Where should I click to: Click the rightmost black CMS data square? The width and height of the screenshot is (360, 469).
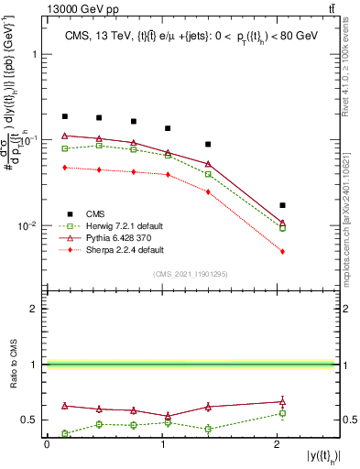pos(282,205)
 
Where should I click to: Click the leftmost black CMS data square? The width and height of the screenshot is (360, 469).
pos(65,116)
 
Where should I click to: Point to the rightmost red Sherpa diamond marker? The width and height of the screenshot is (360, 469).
pos(282,252)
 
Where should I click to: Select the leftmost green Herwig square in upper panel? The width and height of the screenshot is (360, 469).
pos(65,148)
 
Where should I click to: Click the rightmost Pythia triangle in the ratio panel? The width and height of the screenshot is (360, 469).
pos(282,400)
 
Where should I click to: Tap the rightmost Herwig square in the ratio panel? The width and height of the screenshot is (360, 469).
pos(282,413)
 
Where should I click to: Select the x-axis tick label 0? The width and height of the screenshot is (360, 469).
pos(47,443)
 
